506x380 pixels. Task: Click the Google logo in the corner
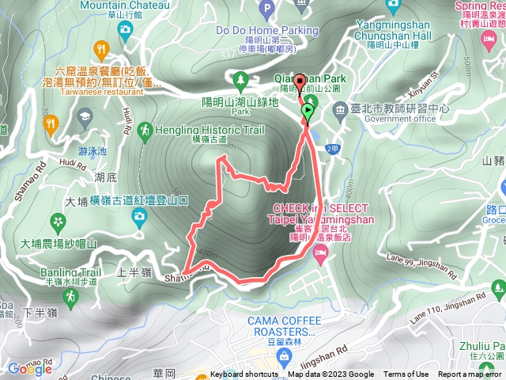pyautogui.click(x=30, y=368)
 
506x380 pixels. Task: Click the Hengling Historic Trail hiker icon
pyautogui.click(x=145, y=129)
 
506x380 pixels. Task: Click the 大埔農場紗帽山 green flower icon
pyautogui.click(x=57, y=221)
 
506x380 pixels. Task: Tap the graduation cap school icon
pyautogui.click(x=83, y=119)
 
